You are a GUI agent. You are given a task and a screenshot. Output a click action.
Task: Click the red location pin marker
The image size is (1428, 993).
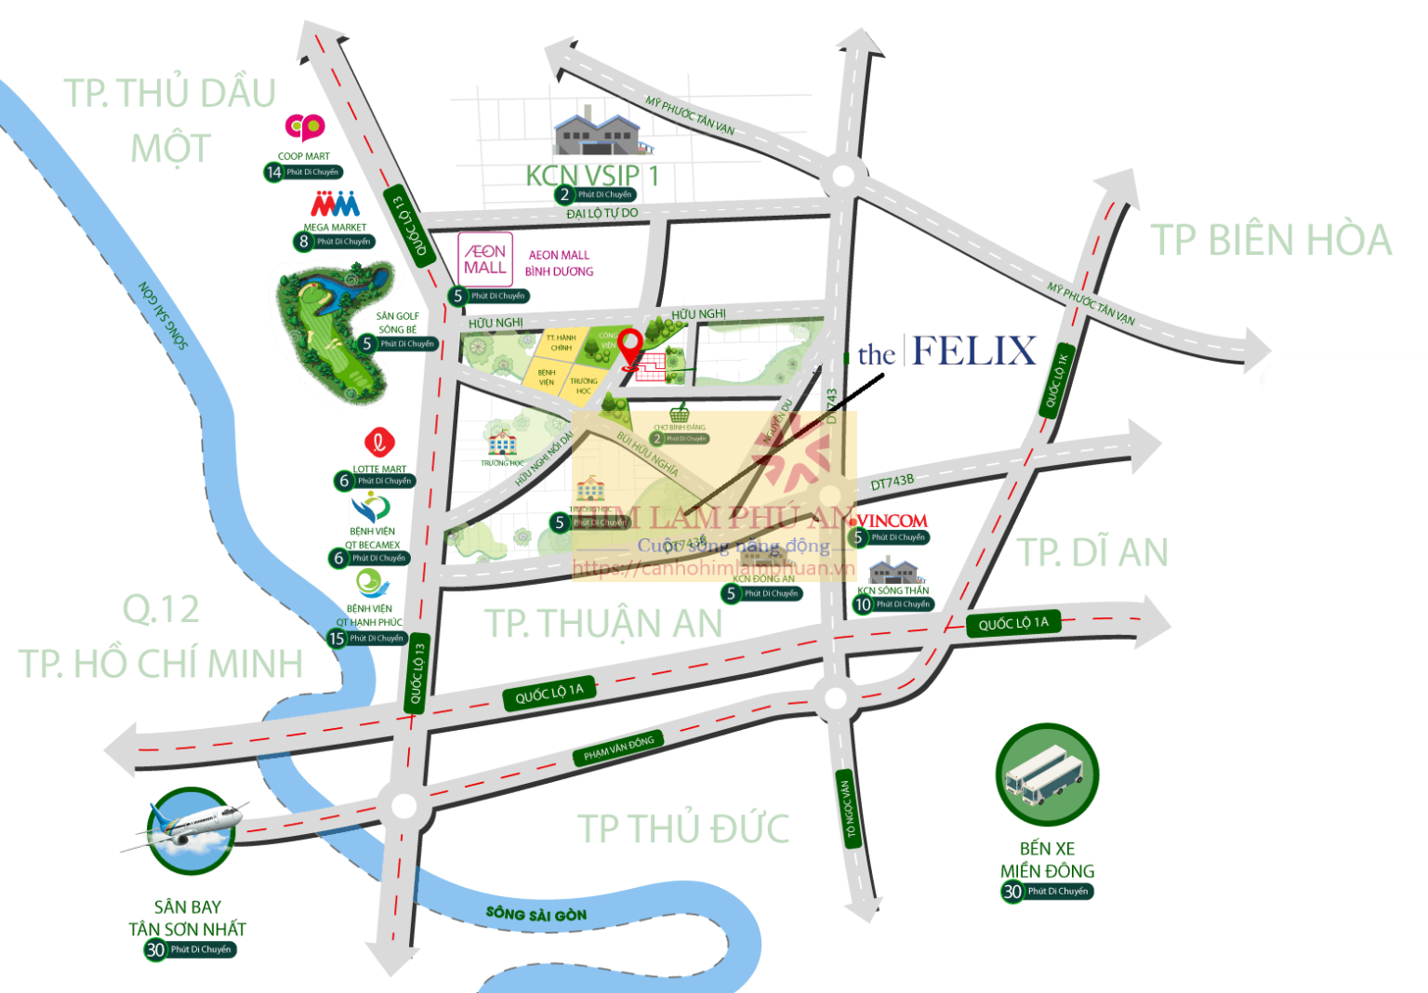point(630,348)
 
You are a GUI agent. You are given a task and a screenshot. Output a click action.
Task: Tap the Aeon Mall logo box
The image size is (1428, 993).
point(485,259)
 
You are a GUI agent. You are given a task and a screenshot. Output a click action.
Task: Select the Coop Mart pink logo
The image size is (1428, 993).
point(304,126)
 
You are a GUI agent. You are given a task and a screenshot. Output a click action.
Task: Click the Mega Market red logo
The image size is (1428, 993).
point(335,204)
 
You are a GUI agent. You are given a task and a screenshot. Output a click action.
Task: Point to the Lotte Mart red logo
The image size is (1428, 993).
point(378,443)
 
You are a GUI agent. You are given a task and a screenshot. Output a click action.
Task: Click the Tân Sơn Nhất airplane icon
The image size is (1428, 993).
point(192,830)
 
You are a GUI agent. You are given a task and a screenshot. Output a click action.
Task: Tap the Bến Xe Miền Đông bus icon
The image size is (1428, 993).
point(1048,775)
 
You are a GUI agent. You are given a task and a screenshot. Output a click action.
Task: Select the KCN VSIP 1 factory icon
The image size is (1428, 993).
point(595,132)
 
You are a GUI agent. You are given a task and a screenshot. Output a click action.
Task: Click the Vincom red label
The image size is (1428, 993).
point(891,521)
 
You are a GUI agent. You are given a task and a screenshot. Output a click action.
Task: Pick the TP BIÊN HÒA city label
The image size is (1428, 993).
point(1271,241)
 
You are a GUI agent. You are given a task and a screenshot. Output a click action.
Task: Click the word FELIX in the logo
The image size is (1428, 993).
point(974,351)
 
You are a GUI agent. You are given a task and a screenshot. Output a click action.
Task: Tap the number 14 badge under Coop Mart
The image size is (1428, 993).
point(273,172)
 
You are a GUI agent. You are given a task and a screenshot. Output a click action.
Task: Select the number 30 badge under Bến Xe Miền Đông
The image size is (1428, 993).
point(1012,892)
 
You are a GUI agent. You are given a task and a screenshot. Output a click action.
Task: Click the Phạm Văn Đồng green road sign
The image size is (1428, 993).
point(618,748)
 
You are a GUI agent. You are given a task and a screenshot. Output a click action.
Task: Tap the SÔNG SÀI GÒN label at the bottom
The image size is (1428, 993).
point(535,915)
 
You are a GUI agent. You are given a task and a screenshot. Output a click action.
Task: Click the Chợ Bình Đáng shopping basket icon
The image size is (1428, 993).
point(680,413)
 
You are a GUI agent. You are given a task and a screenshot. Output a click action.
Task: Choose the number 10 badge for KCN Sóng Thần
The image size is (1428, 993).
point(863,604)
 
